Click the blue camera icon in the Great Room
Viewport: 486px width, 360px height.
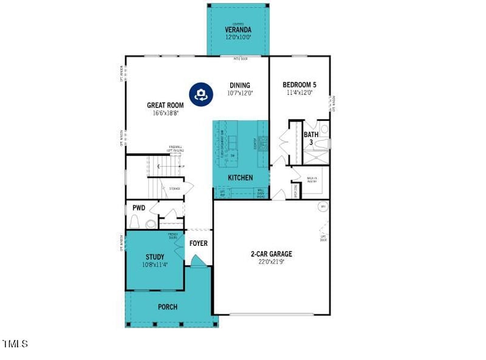coord(201,93)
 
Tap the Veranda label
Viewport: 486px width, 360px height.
coord(238,30)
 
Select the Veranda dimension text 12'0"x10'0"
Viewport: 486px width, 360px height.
coord(238,37)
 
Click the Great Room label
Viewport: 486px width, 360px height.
coord(165,105)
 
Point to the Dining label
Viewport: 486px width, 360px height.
coord(240,85)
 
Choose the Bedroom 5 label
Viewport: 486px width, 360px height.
coord(299,85)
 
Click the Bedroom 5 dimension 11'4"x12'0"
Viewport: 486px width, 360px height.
coord(299,93)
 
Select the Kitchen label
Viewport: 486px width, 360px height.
coord(241,177)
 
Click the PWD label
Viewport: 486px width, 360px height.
coord(139,208)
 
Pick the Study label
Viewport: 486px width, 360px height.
coord(154,257)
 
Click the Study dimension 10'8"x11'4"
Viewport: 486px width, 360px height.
coord(154,265)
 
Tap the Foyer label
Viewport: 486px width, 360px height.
coord(199,243)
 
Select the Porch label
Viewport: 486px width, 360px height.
coord(168,307)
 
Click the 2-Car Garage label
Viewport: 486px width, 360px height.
coord(272,254)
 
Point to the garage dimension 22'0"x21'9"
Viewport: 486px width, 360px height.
coord(272,262)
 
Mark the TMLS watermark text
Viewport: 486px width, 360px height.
coord(15,344)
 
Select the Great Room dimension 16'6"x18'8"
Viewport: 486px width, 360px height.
coord(165,113)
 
